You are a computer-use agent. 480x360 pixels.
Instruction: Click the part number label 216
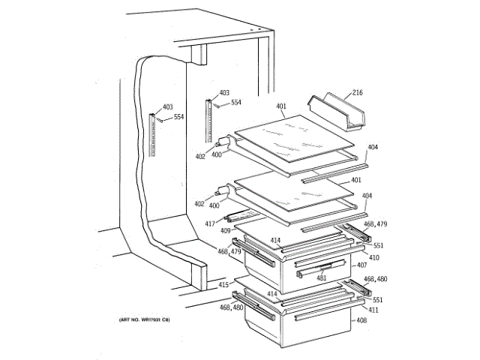coord(357,92)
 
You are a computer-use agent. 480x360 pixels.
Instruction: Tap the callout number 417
coord(211,223)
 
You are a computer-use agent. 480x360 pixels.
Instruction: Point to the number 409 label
coord(224,230)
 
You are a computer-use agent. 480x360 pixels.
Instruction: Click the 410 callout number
coord(373,257)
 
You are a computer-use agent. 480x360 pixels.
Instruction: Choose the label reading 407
coord(361,265)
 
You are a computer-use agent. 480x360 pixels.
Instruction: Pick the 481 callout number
coord(322,278)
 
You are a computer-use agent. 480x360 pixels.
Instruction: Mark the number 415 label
coord(223,285)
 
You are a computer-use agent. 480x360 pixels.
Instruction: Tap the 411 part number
coord(373,310)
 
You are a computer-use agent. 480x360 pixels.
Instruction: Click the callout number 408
coord(361,320)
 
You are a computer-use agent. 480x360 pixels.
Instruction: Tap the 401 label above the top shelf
coord(280,106)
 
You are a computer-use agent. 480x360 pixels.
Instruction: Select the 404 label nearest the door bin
coord(373,147)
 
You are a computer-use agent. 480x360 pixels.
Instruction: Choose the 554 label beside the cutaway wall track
coord(178,117)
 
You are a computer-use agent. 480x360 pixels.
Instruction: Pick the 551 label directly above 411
coord(378,299)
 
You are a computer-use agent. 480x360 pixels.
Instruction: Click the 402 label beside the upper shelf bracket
coord(200,156)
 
